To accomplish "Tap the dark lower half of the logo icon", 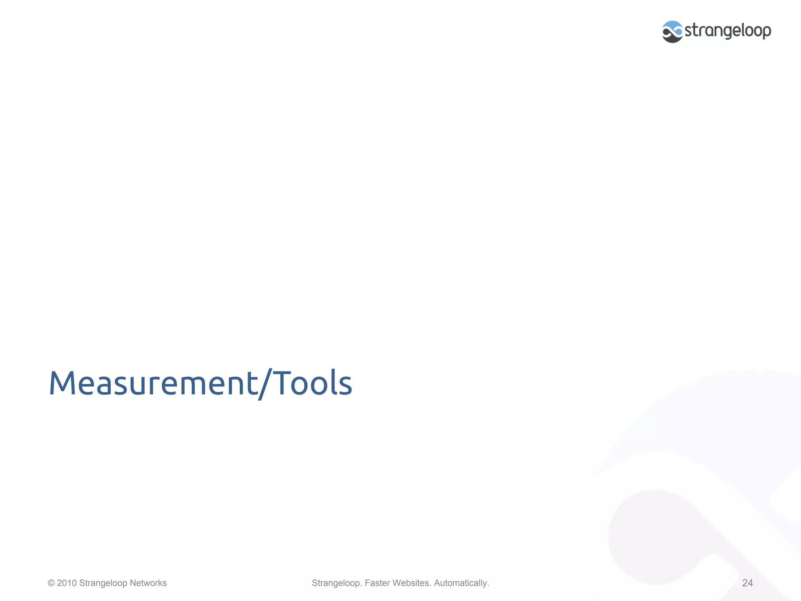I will (672, 38).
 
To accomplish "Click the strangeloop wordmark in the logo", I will (727, 31).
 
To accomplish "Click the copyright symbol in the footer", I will (51, 583).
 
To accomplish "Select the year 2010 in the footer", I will (67, 583).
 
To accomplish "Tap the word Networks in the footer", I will (148, 583).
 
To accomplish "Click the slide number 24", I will (747, 583).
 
